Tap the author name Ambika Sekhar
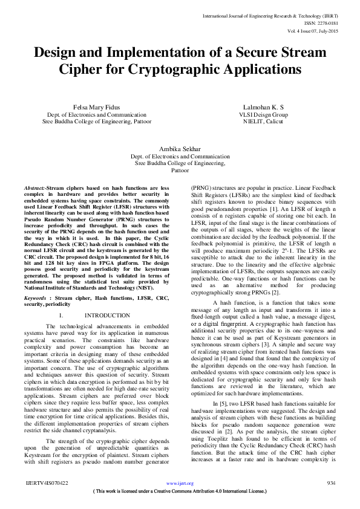click(x=180, y=148)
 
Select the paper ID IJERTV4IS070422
click(x=47, y=483)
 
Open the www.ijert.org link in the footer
click(x=180, y=483)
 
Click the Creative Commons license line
click(x=180, y=491)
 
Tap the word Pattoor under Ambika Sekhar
click(x=180, y=170)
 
